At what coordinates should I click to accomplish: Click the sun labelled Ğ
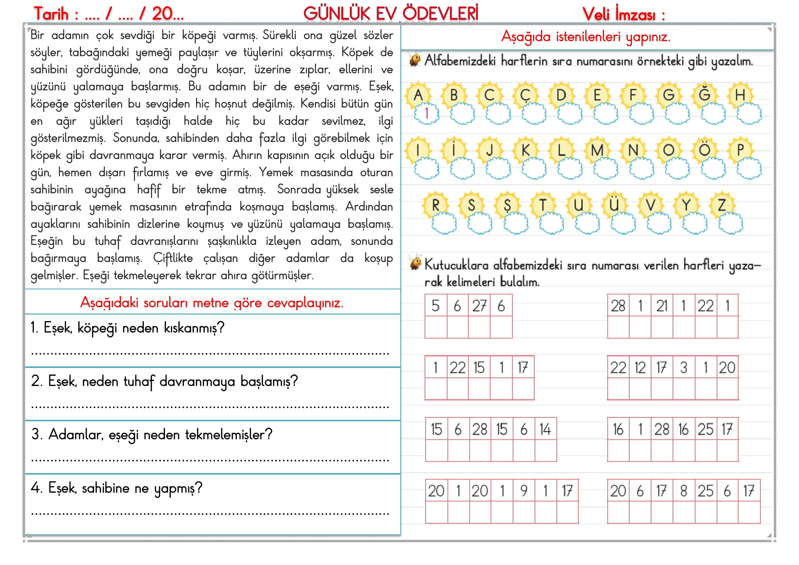pyautogui.click(x=704, y=95)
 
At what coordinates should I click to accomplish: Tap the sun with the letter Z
pyautogui.click(x=722, y=205)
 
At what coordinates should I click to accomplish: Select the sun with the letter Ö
pyautogui.click(x=704, y=150)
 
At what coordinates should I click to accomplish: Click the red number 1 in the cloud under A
pyautogui.click(x=427, y=113)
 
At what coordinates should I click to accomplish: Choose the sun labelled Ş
pyautogui.click(x=507, y=205)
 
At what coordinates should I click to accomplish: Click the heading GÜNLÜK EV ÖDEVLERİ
pyautogui.click(x=391, y=14)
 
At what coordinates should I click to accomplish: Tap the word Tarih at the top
pyautogui.click(x=51, y=14)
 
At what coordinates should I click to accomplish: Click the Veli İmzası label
pyautogui.click(x=619, y=15)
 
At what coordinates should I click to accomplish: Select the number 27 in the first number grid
pyautogui.click(x=479, y=306)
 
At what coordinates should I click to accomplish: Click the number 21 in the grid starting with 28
pyautogui.click(x=662, y=306)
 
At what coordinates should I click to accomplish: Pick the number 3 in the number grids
pyautogui.click(x=684, y=368)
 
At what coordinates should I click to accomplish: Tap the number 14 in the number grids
pyautogui.click(x=545, y=429)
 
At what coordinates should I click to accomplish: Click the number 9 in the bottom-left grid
pyautogui.click(x=523, y=491)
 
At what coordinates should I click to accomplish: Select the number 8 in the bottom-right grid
pyautogui.click(x=684, y=491)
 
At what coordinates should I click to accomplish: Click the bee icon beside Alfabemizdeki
pyautogui.click(x=415, y=60)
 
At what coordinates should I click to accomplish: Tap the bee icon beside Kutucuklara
pyautogui.click(x=415, y=263)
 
